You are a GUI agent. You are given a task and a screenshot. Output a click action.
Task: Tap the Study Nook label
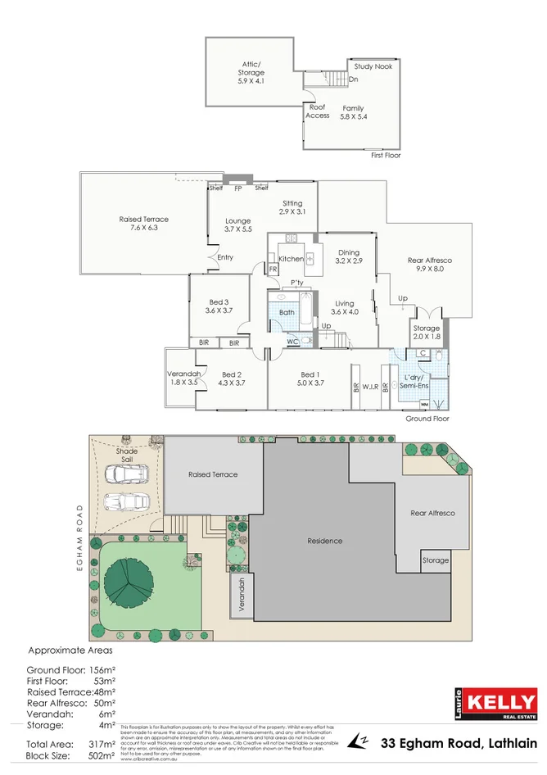[x=373, y=66]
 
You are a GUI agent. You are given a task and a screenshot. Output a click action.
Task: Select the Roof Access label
[x=318, y=111]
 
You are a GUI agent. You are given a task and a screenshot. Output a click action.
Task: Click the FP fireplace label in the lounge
[x=238, y=188]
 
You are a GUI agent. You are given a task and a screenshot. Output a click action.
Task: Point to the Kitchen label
[x=291, y=259]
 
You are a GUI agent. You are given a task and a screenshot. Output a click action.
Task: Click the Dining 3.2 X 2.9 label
[x=349, y=257]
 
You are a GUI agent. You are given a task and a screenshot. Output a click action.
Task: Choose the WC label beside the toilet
[x=292, y=342]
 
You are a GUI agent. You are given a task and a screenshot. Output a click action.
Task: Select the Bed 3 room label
[x=218, y=306]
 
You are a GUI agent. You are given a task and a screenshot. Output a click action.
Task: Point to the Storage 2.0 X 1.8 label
[x=426, y=333]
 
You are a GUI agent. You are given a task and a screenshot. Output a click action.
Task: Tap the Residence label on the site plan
[x=325, y=541]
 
